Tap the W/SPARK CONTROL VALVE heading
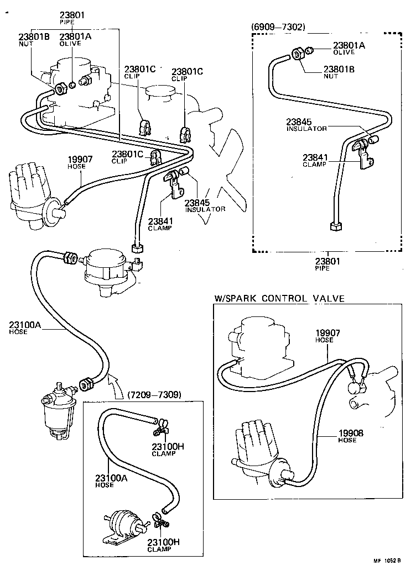279,299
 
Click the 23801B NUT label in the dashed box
339,72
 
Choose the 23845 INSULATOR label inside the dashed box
306,125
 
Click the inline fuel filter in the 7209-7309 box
121,522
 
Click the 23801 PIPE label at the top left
71,18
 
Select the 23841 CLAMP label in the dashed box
314,160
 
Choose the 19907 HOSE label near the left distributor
80,162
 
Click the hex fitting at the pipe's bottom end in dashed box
334,226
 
